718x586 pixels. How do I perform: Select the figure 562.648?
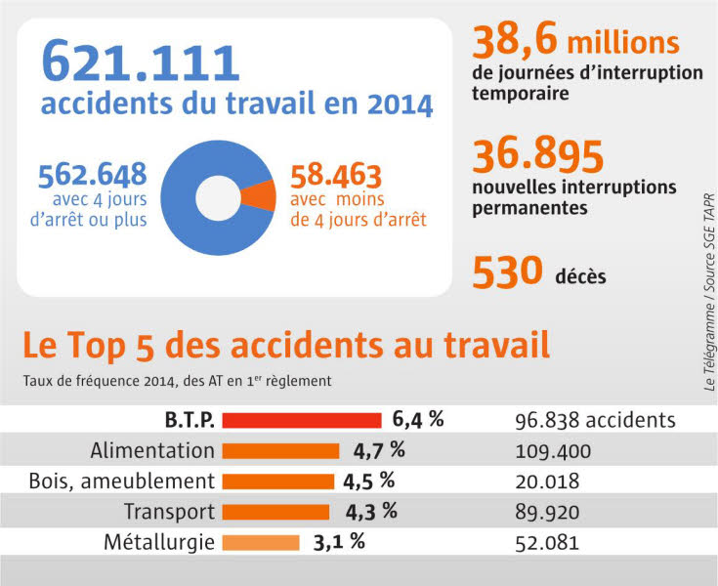(x=93, y=176)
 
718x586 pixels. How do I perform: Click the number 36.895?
(x=538, y=156)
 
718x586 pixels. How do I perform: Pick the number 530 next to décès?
(x=507, y=272)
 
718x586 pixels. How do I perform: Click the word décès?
(x=582, y=276)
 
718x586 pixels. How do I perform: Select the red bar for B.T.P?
(x=302, y=420)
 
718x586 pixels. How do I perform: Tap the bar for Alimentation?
(x=280, y=451)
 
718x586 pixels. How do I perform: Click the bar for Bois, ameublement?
(x=278, y=481)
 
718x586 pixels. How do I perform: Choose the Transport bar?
(x=275, y=512)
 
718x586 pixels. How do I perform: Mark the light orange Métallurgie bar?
(x=261, y=542)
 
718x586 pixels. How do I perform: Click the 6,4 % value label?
(x=418, y=420)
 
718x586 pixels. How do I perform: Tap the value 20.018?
(x=547, y=481)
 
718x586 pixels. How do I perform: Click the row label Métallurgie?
(x=158, y=542)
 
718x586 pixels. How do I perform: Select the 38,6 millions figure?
(x=575, y=42)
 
